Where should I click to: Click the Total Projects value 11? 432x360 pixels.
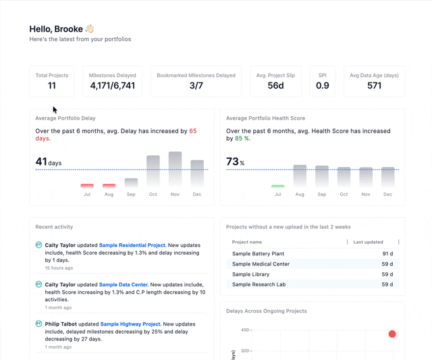pyautogui.click(x=52, y=86)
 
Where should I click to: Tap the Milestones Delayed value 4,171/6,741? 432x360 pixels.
pyautogui.click(x=112, y=86)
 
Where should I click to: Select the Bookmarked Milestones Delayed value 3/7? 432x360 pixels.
pyautogui.click(x=196, y=86)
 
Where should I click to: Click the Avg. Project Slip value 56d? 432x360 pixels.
pyautogui.click(x=275, y=86)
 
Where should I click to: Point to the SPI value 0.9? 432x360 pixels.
pyautogui.click(x=323, y=86)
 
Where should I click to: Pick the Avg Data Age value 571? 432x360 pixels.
pyautogui.click(x=374, y=86)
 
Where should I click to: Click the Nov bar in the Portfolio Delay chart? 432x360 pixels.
pyautogui.click(x=175, y=169)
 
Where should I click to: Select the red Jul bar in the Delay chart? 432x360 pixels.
pyautogui.click(x=87, y=186)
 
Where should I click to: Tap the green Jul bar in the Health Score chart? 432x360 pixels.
pyautogui.click(x=277, y=186)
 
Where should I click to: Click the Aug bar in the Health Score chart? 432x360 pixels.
pyautogui.click(x=300, y=176)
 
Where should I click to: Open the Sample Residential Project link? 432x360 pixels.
pyautogui.click(x=132, y=245)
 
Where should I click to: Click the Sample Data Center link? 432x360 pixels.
pyautogui.click(x=123, y=285)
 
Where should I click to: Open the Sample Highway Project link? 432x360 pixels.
pyautogui.click(x=130, y=324)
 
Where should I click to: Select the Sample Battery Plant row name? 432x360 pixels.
pyautogui.click(x=258, y=254)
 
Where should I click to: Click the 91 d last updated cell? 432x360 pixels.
pyautogui.click(x=387, y=254)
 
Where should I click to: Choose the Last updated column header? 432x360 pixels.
pyautogui.click(x=368, y=242)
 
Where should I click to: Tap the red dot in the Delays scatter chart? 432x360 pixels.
pyautogui.click(x=392, y=334)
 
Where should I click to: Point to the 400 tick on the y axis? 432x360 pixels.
pyautogui.click(x=245, y=330)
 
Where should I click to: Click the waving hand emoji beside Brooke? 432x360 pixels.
pyautogui.click(x=90, y=29)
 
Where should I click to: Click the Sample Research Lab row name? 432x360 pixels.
pyautogui.click(x=259, y=284)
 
